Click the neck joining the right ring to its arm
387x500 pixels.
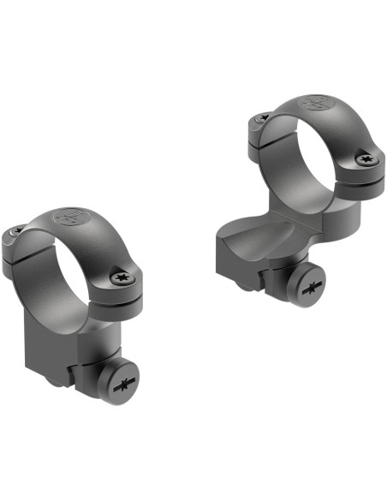pos(291,218)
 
